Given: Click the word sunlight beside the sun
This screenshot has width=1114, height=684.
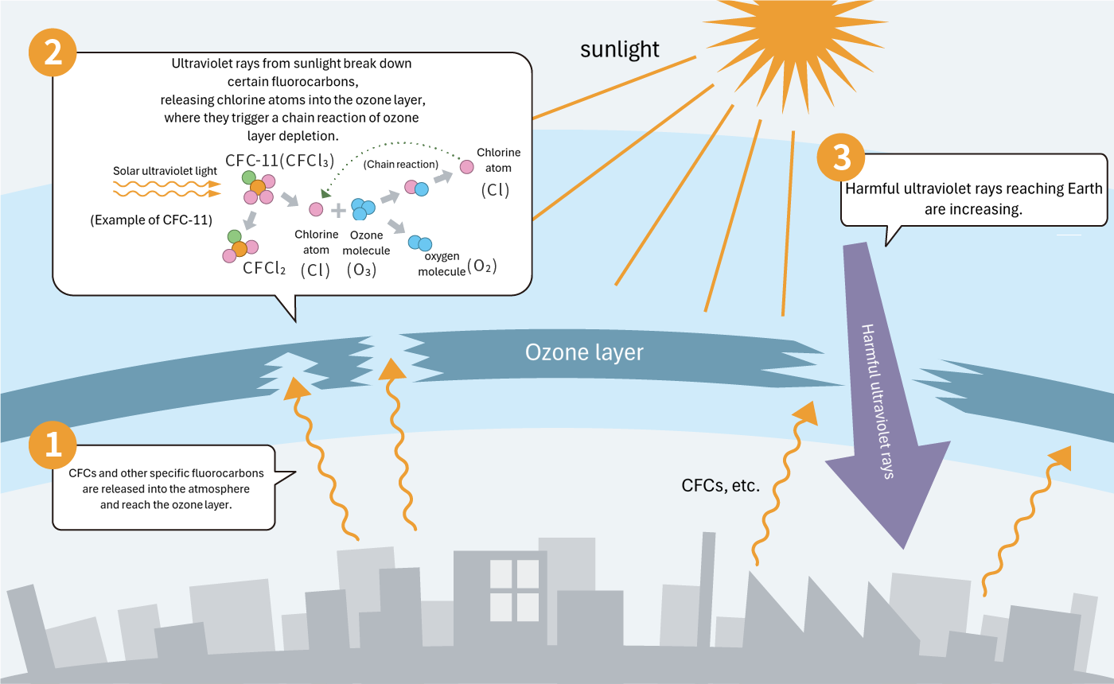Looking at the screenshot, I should (619, 49).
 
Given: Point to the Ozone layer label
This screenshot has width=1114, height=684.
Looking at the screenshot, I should (584, 352).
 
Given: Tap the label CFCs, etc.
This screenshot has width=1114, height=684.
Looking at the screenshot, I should (721, 485).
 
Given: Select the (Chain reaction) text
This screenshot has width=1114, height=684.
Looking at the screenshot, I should (400, 165).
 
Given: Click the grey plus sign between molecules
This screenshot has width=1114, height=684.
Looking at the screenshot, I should (339, 210).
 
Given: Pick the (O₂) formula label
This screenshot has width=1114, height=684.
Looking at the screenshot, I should (482, 266).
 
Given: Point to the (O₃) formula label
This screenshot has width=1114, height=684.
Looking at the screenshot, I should (361, 270).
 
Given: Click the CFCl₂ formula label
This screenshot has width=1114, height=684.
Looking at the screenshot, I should (264, 268).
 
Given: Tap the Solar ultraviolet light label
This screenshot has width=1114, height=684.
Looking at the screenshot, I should (165, 171).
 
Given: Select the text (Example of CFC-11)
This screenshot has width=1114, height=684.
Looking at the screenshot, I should (151, 220).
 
